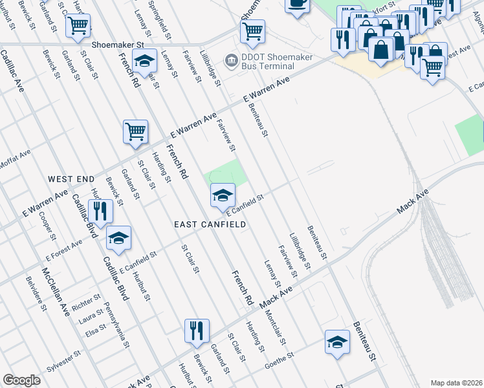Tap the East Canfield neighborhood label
click(210, 224)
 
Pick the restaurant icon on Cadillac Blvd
click(100, 211)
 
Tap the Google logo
click(21, 380)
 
